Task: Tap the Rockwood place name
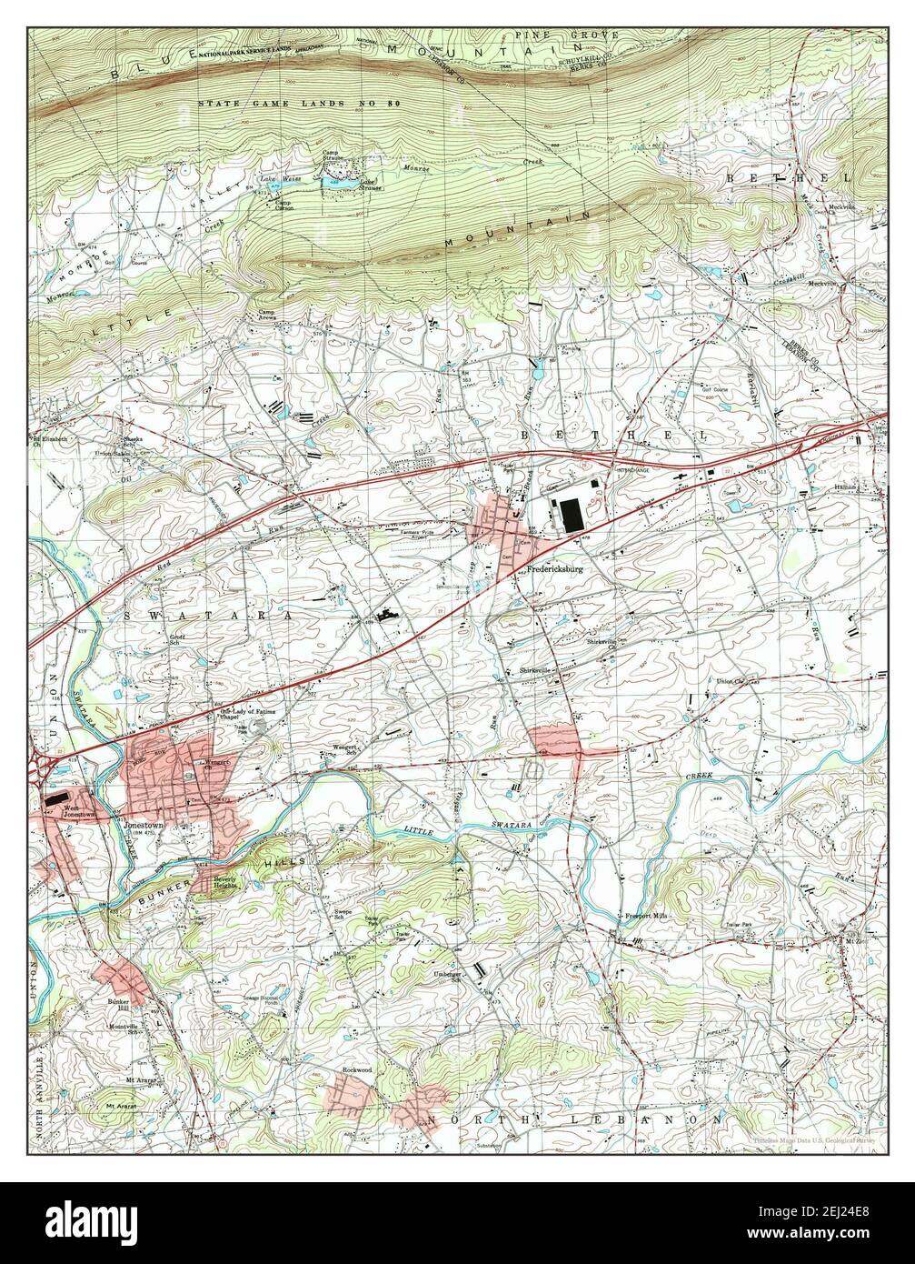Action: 357,1069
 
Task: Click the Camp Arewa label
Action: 266,316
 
